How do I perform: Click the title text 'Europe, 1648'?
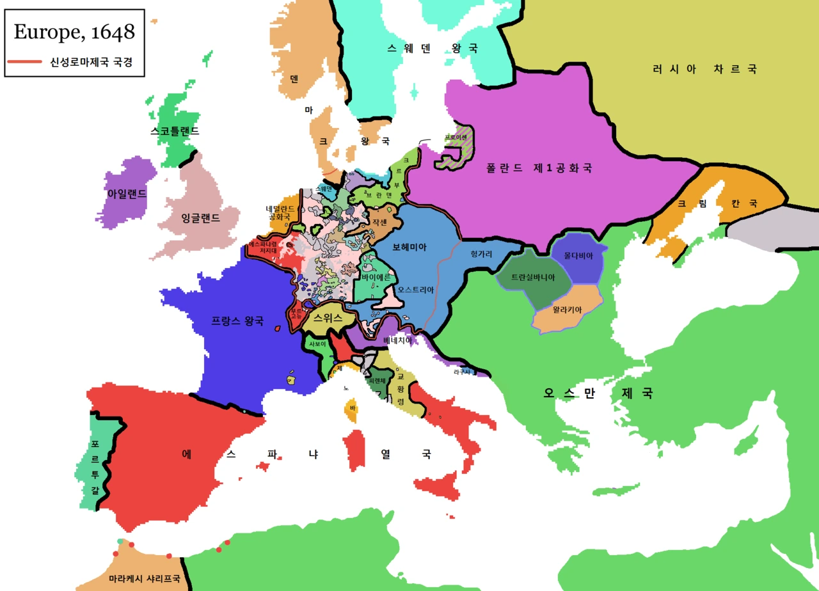tap(74, 31)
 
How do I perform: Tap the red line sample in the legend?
tap(26, 62)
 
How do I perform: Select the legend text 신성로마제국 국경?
tap(95, 62)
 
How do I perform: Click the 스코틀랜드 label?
tap(175, 131)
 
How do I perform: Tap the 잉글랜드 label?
tap(200, 218)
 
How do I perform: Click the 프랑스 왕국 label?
tap(237, 321)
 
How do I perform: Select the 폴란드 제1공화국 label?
tap(538, 168)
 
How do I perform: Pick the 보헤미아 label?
tap(409, 246)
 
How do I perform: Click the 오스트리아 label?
tap(416, 290)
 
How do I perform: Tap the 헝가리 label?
tap(481, 254)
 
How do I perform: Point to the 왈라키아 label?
tap(562, 310)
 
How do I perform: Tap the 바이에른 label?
tap(376, 278)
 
